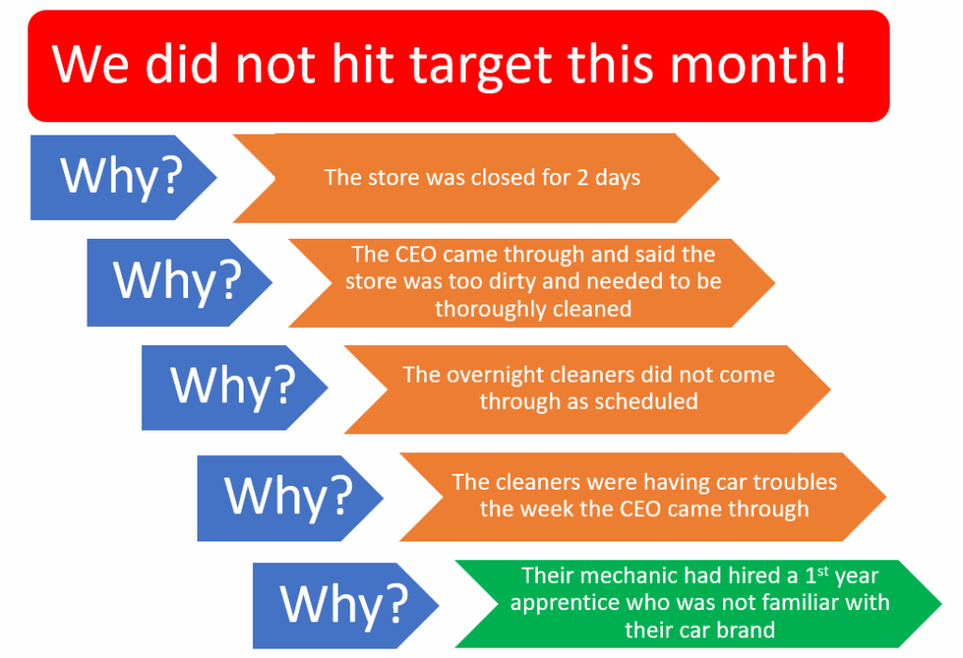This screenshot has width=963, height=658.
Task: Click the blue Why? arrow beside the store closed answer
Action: pyautogui.click(x=123, y=178)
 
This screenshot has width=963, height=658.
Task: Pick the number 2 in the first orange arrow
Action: pyautogui.click(x=582, y=178)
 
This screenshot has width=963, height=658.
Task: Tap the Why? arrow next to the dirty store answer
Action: pyautogui.click(x=179, y=282)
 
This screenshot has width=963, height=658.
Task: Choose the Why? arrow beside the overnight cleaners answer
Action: pyautogui.click(x=234, y=387)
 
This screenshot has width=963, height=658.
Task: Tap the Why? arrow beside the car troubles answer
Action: pyautogui.click(x=290, y=498)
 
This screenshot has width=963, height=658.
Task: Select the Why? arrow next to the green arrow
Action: pyautogui.click(x=345, y=605)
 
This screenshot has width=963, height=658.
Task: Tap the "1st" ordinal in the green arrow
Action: pyautogui.click(x=817, y=575)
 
